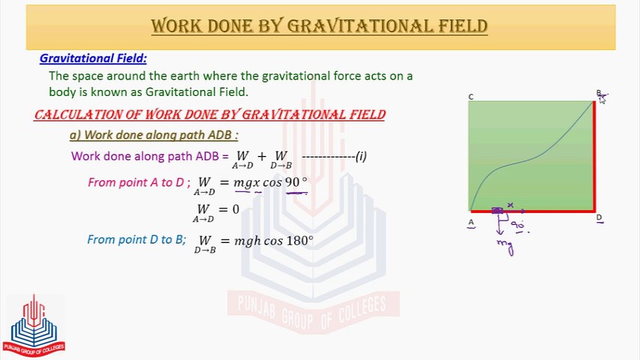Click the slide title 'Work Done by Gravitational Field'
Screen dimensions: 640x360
pyautogui.click(x=319, y=26)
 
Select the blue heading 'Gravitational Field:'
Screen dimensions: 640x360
pyautogui.click(x=93, y=58)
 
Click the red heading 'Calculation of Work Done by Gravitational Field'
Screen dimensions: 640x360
pyautogui.click(x=210, y=115)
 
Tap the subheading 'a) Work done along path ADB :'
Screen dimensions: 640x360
pyautogui.click(x=154, y=135)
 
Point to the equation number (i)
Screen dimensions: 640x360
pyautogui.click(x=361, y=156)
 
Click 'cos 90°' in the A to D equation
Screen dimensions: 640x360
pyautogui.click(x=285, y=182)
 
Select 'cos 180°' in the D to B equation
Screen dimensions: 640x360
pyautogui.click(x=289, y=241)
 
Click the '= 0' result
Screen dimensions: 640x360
pyautogui.click(x=230, y=209)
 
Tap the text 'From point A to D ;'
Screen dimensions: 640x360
pyautogui.click(x=139, y=182)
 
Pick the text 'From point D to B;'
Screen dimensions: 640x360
pyautogui.click(x=137, y=239)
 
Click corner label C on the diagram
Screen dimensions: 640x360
pyautogui.click(x=471, y=97)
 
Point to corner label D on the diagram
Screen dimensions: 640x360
pyautogui.click(x=599, y=217)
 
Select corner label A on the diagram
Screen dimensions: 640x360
pyautogui.click(x=471, y=223)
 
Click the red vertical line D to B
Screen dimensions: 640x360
pyautogui.click(x=594, y=156)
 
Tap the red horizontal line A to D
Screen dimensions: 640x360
pyautogui.click(x=532, y=211)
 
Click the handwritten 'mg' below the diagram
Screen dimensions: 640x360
pyautogui.click(x=505, y=247)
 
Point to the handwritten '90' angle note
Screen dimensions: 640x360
pyautogui.click(x=517, y=225)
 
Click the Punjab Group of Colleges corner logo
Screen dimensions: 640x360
pyautogui.click(x=34, y=326)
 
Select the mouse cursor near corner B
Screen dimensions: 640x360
pyautogui.click(x=602, y=99)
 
